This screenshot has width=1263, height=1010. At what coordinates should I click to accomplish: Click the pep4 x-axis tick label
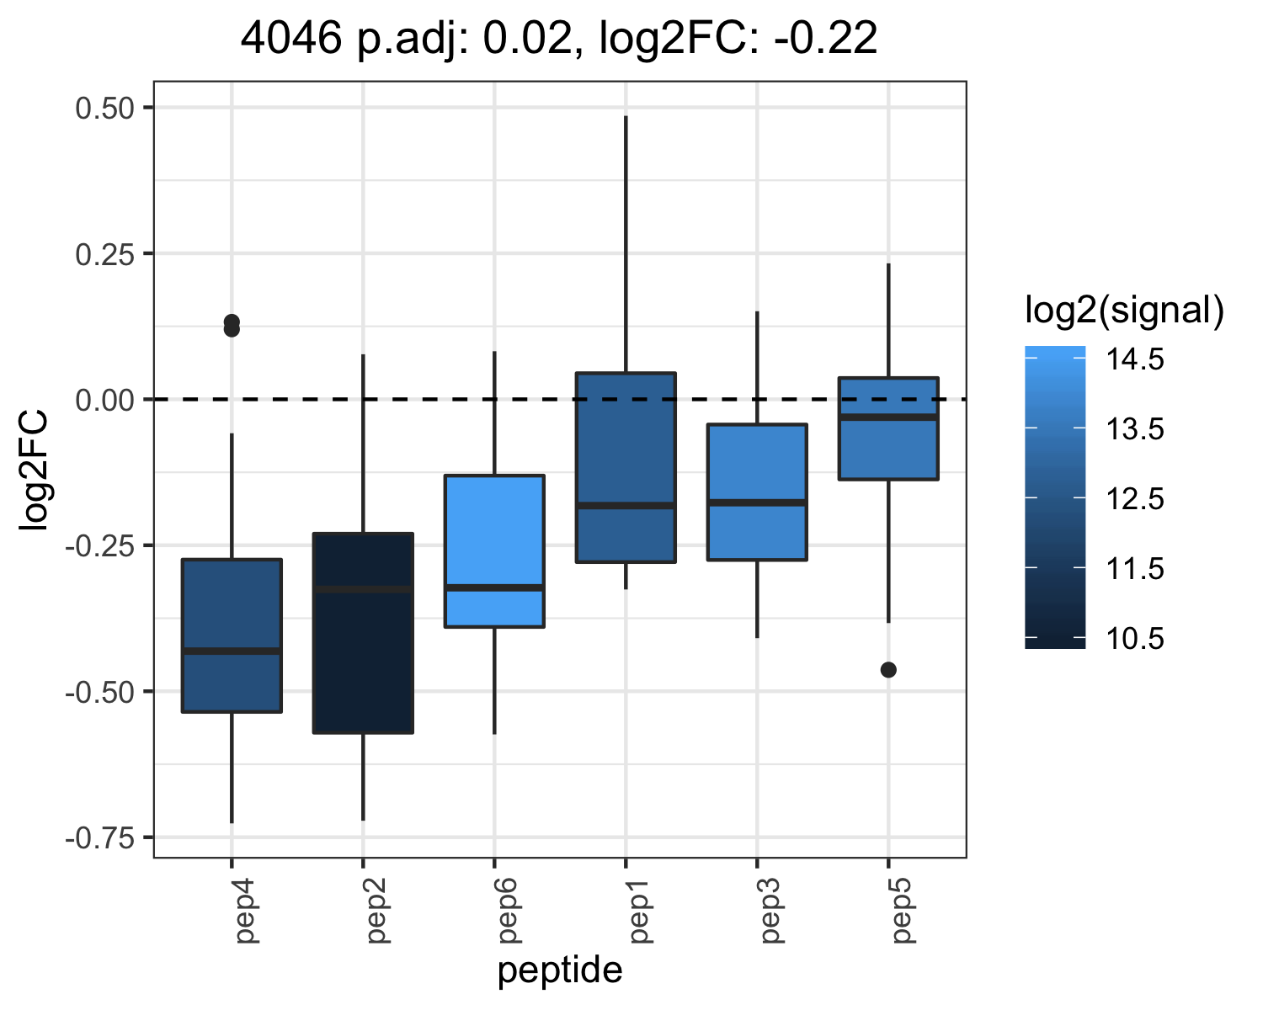245,911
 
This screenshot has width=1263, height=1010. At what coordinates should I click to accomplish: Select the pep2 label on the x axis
376,911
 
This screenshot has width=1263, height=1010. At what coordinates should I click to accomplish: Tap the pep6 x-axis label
509,911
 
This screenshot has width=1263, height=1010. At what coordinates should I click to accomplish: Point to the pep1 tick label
640,911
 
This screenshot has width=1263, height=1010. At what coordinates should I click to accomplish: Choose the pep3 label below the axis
770,911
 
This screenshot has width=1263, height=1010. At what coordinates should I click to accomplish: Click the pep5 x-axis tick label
902,911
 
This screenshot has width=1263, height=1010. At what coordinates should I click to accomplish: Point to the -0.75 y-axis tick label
100,839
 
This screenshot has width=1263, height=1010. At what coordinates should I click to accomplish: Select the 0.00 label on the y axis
105,401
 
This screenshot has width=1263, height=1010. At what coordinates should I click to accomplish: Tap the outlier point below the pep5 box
888,670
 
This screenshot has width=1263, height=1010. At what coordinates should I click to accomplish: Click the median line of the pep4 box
232,651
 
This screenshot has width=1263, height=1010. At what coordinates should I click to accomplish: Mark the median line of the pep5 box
888,417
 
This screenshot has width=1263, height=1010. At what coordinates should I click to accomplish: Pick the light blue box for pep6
495,551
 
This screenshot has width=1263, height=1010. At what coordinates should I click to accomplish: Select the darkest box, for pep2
363,633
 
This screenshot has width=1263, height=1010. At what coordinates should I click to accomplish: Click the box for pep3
757,492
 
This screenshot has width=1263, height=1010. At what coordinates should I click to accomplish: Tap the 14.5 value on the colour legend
1134,359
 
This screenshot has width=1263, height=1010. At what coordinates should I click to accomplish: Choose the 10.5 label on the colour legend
1134,638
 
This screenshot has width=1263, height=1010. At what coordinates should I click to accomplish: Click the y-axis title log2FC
34,470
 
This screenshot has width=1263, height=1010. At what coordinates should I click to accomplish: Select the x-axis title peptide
560,971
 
